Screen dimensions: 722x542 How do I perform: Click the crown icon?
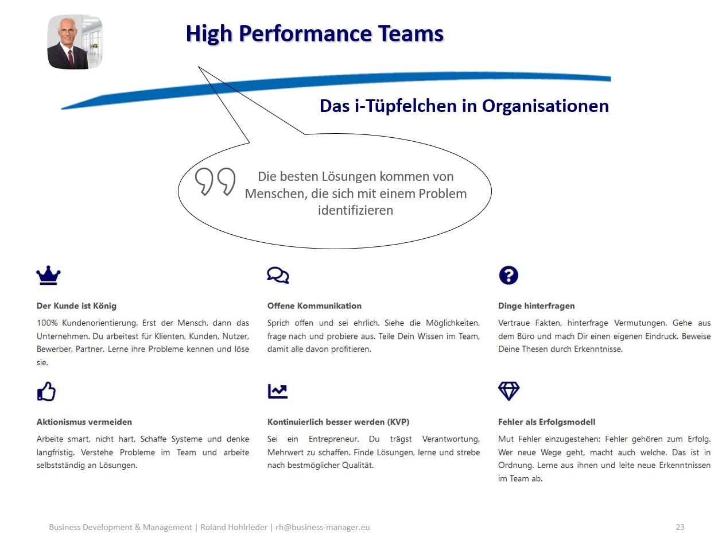tap(48, 275)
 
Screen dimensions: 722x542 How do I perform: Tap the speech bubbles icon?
tap(278, 275)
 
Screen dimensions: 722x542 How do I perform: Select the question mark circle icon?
tap(508, 275)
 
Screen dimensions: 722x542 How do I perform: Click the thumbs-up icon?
tap(46, 391)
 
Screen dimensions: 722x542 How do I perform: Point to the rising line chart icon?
tap(278, 391)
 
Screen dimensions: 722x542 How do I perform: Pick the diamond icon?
tap(508, 391)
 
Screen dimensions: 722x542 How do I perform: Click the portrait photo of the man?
tap(75, 42)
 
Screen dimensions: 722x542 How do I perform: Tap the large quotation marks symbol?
tap(215, 181)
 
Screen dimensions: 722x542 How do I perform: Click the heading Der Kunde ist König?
tap(76, 305)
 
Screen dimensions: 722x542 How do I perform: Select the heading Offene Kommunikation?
tap(314, 305)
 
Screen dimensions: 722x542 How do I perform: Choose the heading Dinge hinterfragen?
tap(536, 305)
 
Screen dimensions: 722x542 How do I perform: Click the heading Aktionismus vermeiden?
tap(84, 422)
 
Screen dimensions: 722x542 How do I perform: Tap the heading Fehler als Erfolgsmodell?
tap(546, 422)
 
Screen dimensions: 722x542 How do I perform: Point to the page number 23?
tap(680, 527)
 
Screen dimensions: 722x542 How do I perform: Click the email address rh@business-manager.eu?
tap(323, 527)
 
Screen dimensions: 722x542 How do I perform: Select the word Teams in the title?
tap(410, 33)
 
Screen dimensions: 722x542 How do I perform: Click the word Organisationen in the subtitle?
tap(545, 106)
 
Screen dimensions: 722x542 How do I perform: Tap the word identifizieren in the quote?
tap(355, 210)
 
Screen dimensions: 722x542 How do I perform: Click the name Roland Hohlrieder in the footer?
tap(234, 527)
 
